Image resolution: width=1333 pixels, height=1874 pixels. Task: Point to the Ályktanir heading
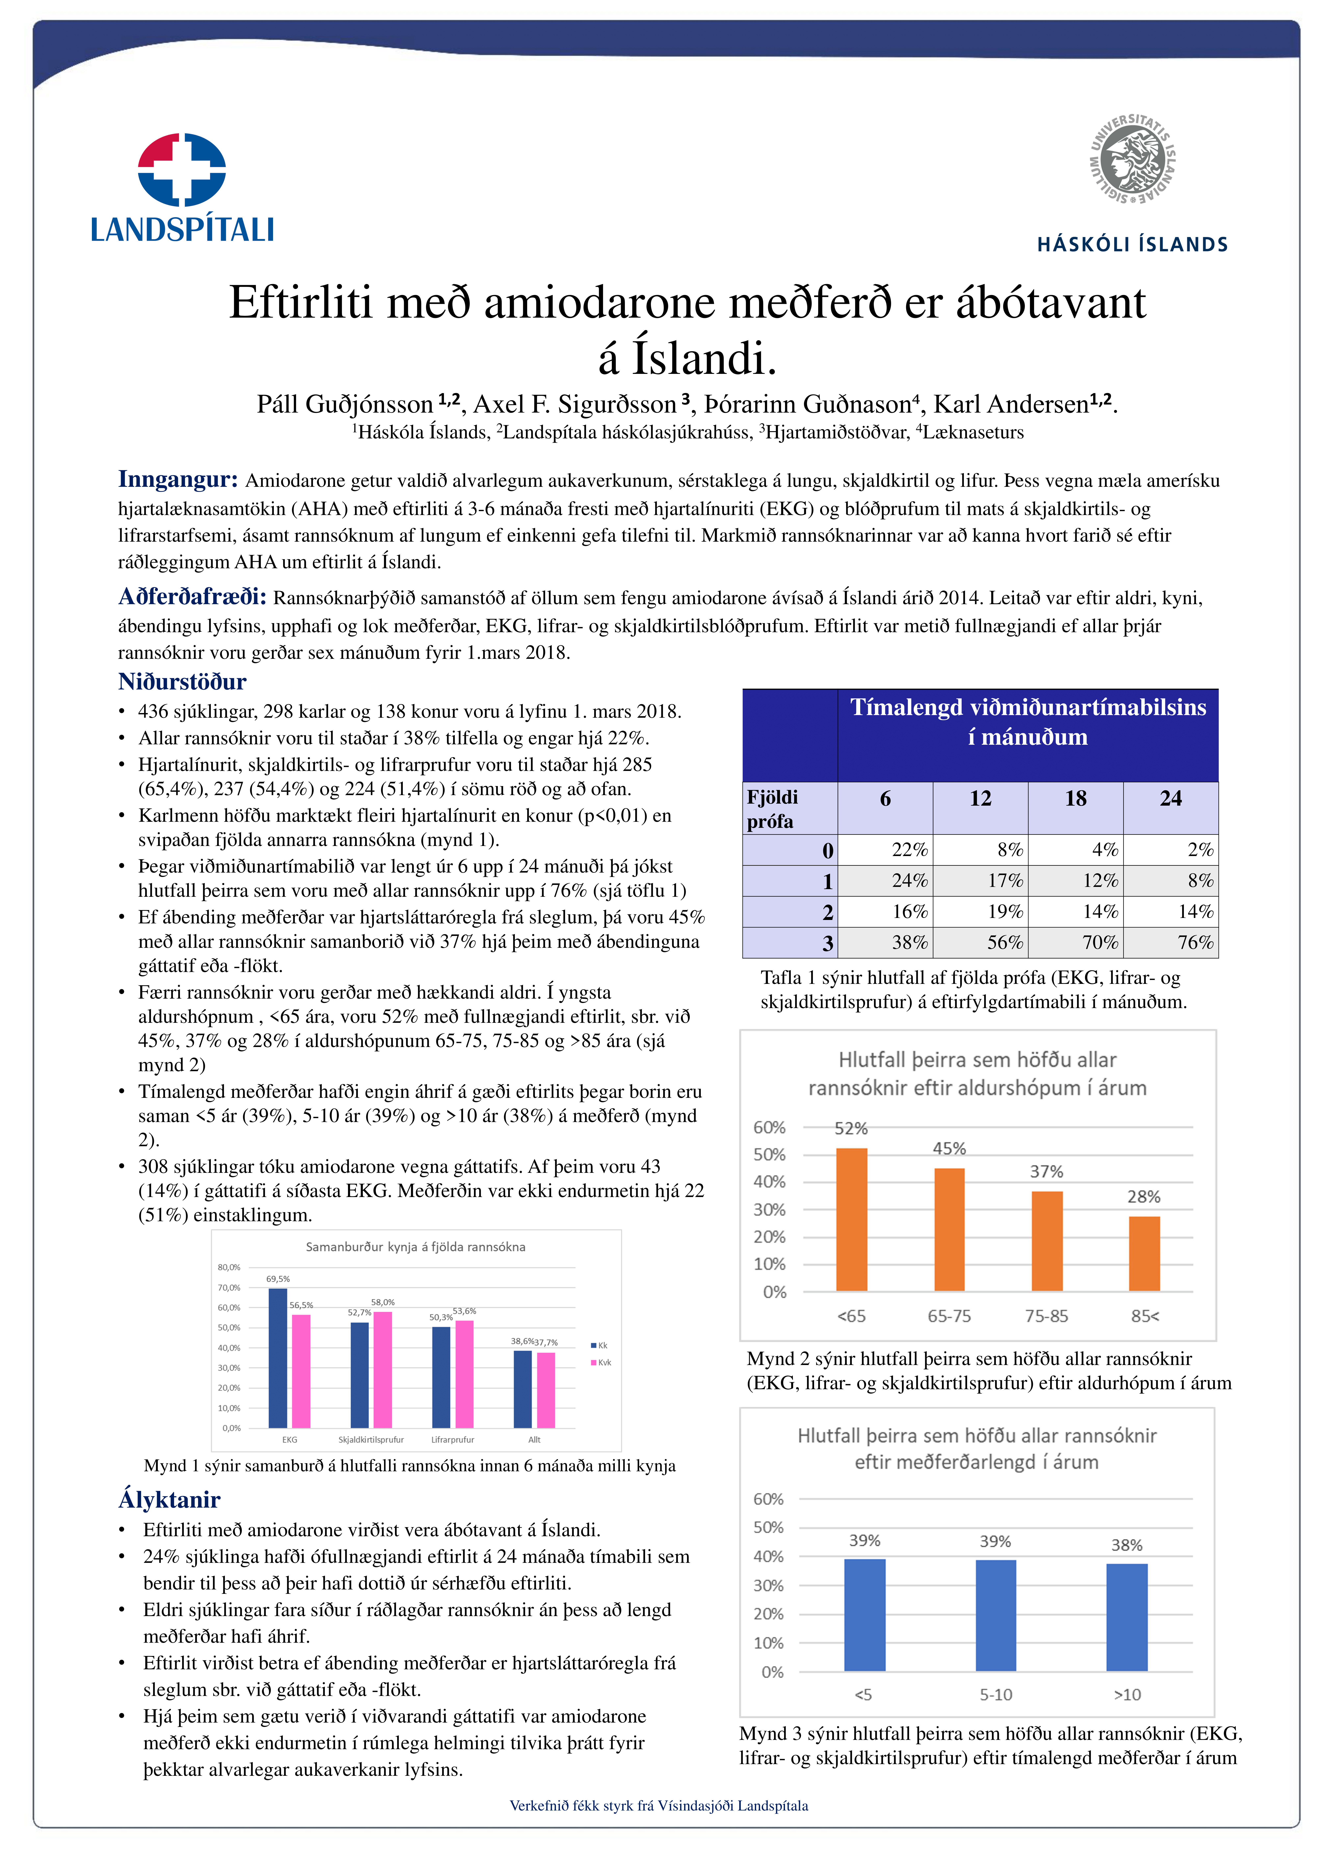169,1500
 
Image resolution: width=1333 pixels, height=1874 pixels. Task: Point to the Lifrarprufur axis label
452,1440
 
